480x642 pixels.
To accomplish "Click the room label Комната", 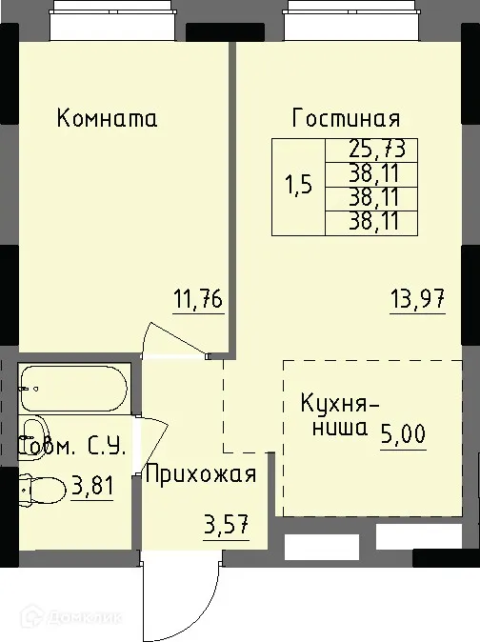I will (x=107, y=119).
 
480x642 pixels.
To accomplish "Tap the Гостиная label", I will (x=346, y=119).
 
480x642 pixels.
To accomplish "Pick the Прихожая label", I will (x=200, y=473).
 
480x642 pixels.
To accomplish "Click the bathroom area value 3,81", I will (x=92, y=488).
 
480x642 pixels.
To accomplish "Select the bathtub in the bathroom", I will (x=72, y=389).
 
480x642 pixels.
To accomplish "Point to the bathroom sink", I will (x=34, y=433).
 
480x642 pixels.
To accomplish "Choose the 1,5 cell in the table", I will (x=298, y=186).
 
